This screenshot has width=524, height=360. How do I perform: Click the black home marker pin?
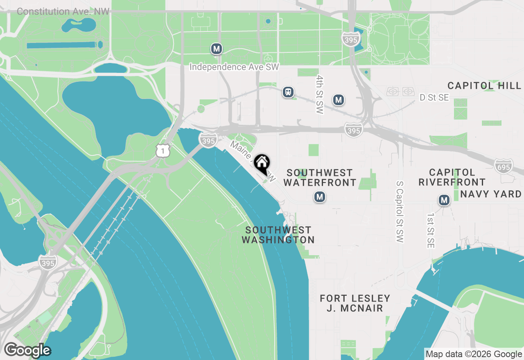pos(262,163)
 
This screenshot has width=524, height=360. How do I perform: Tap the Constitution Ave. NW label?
pos(63,11)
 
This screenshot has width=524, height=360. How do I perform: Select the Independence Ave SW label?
pos(234,67)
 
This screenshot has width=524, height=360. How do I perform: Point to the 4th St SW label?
pos(320,94)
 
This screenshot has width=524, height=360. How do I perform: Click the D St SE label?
pos(434,97)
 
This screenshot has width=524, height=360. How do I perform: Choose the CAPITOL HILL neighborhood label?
pos(484,85)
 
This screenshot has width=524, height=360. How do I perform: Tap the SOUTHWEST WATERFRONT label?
pos(319,178)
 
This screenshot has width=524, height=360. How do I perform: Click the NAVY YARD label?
pos(490,194)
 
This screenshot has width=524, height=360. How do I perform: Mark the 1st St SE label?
pos(430,230)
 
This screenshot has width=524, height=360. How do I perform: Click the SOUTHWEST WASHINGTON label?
pos(278,235)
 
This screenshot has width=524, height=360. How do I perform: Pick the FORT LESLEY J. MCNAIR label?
pos(355,303)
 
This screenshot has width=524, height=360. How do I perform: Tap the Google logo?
pos(27,350)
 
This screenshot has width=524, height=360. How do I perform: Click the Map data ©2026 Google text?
pos(474,354)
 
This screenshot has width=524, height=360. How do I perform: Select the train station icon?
pos(288,92)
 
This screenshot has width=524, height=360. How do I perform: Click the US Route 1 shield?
pos(163,151)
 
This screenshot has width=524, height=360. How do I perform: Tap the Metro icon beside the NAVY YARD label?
pos(444,200)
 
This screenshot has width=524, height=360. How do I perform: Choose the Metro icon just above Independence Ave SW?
pos(217,49)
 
